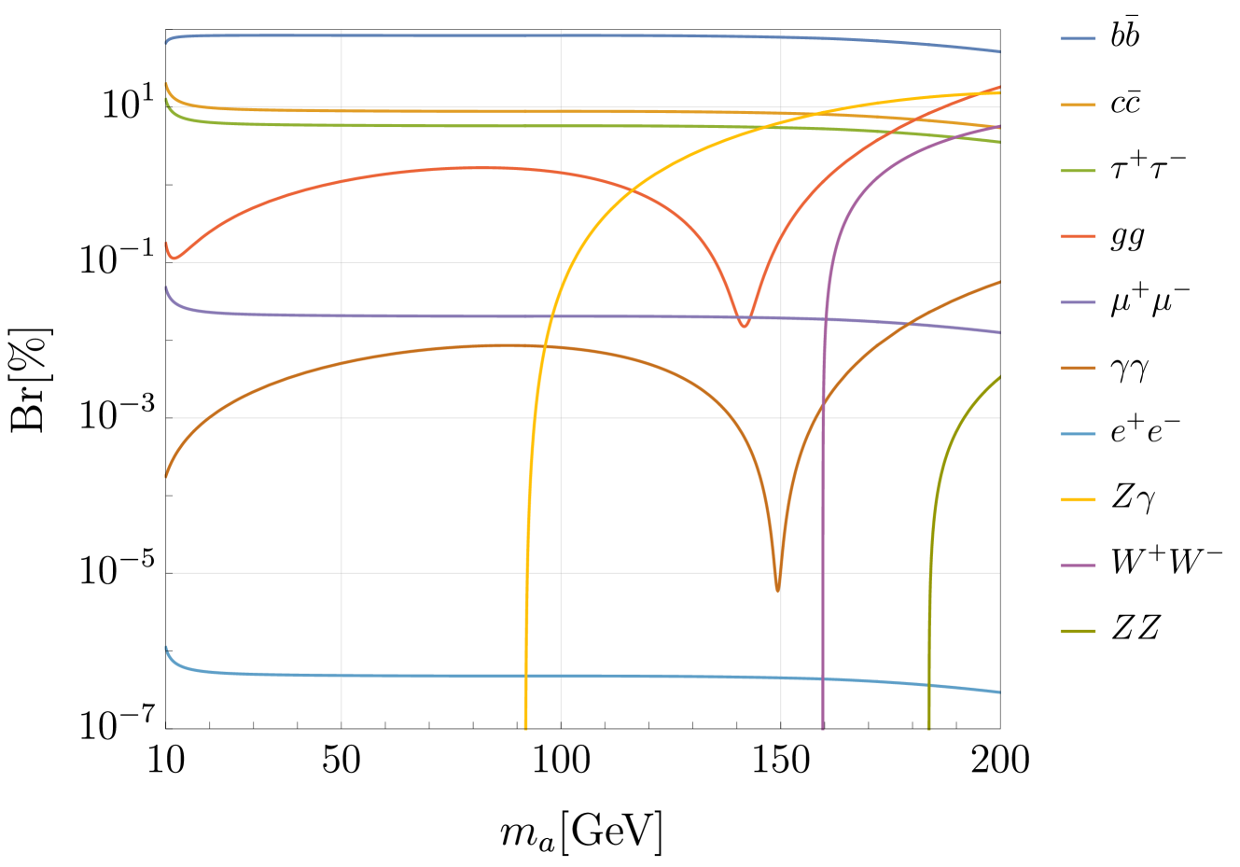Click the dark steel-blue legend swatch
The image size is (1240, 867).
pyautogui.click(x=1078, y=39)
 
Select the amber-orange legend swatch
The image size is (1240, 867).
pyautogui.click(x=1078, y=105)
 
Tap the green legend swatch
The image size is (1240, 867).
pyautogui.click(x=1078, y=171)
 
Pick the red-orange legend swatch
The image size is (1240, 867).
pyautogui.click(x=1078, y=237)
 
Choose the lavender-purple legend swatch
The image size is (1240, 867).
pyautogui.click(x=1078, y=302)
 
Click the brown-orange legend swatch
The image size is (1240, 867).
pyautogui.click(x=1078, y=369)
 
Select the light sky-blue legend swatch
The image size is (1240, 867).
pyautogui.click(x=1078, y=434)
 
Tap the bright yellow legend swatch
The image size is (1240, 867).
pyautogui.click(x=1078, y=500)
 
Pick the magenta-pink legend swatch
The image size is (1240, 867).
pyautogui.click(x=1078, y=566)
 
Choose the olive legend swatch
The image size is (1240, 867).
pyautogui.click(x=1078, y=632)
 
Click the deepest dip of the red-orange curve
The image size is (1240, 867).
pyautogui.click(x=744, y=325)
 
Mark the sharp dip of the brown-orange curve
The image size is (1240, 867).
pyautogui.click(x=777, y=589)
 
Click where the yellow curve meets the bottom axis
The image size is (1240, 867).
pyautogui.click(x=526, y=727)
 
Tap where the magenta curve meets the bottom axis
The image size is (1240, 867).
pyautogui.click(x=822, y=727)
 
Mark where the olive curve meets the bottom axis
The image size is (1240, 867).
pyautogui.click(x=928, y=727)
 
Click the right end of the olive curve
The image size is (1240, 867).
pyautogui.click(x=999, y=377)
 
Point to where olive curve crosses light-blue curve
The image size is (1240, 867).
pyautogui.click(x=928, y=685)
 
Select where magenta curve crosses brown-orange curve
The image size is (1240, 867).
pyautogui.click(x=823, y=403)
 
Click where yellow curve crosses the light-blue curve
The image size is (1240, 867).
pyautogui.click(x=526, y=676)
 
